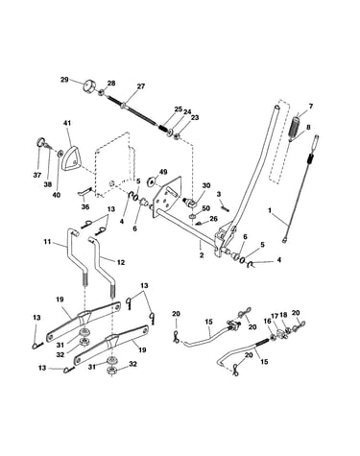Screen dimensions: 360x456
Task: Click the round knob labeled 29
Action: tap(88, 86)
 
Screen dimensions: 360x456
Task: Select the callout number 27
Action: tap(140, 86)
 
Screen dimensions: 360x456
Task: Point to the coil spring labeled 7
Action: tap(295, 127)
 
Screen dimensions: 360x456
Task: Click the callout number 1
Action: tap(270, 210)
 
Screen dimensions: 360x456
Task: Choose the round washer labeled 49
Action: tap(152, 181)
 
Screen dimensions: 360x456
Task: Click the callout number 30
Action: tap(206, 185)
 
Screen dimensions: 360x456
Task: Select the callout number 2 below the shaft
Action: tap(202, 255)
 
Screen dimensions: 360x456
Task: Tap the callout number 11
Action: tap(47, 242)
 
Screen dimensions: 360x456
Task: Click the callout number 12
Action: tap(121, 262)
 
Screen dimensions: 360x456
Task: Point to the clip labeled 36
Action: tap(84, 192)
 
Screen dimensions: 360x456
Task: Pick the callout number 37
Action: tap(37, 175)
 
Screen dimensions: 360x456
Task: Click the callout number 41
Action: tap(67, 123)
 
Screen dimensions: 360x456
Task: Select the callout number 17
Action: tap(275, 315)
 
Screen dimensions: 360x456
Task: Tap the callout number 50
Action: tap(205, 208)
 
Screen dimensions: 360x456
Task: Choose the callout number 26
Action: tap(213, 219)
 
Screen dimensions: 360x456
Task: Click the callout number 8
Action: tap(308, 127)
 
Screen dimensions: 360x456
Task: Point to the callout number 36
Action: tap(85, 207)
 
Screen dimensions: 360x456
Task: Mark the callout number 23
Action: tap(195, 117)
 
